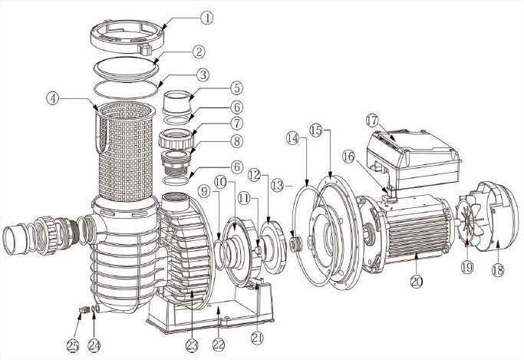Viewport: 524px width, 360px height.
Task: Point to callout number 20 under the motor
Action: point(417,281)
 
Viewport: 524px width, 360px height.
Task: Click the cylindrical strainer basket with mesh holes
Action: point(126,150)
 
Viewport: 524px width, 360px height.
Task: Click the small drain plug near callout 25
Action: point(80,310)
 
